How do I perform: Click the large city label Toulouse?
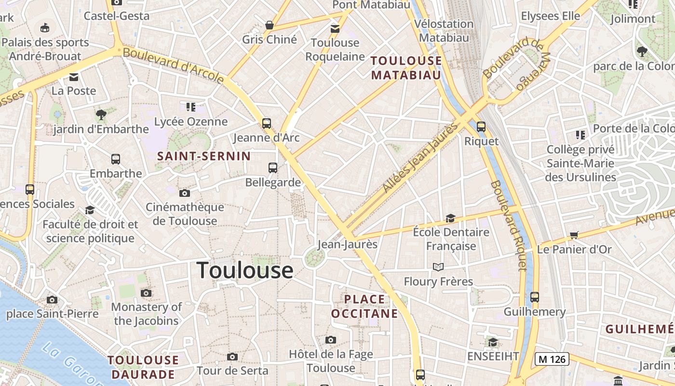point(245,270)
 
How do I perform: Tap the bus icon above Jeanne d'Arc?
point(267,123)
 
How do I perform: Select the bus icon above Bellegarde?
point(273,168)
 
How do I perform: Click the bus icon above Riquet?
point(481,127)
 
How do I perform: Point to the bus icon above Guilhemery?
point(534,297)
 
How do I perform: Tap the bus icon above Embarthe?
point(116,159)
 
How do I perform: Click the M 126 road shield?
point(552,359)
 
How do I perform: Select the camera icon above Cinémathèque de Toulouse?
point(184,193)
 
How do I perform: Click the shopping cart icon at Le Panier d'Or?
point(574,235)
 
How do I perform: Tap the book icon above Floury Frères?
point(438,267)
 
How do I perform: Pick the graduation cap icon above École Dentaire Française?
point(450,218)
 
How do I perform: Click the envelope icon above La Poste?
point(74,77)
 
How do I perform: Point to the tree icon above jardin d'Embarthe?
point(101,115)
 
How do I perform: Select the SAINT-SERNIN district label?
point(204,156)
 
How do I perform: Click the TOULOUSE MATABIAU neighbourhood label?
point(406,68)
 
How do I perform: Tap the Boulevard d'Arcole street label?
point(174,64)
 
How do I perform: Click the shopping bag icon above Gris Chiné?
point(270,25)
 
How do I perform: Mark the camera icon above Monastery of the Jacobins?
point(146,293)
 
